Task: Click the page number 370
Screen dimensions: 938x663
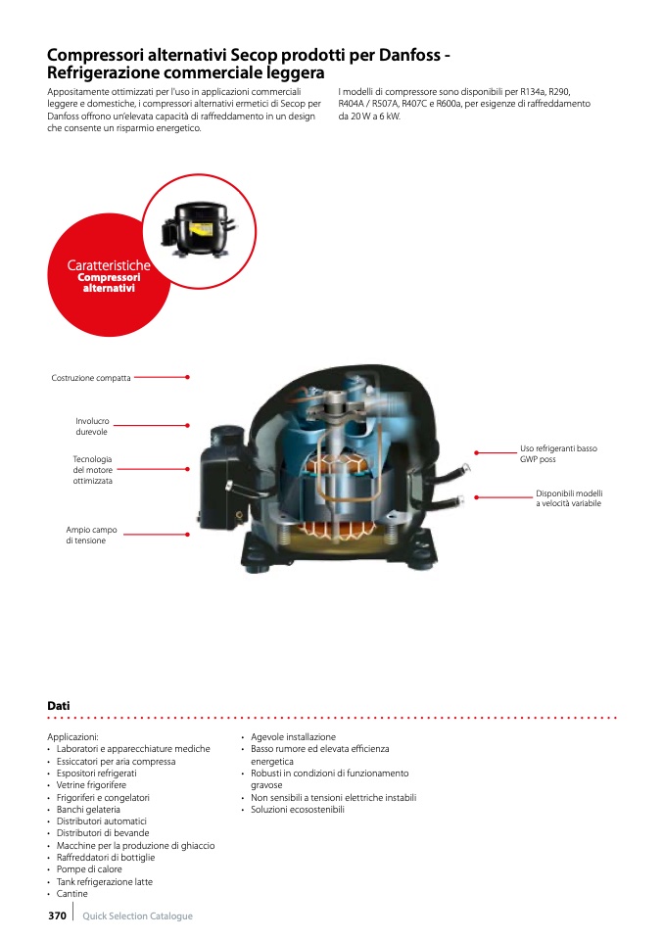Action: click(x=57, y=915)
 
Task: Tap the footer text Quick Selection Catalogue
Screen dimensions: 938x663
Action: click(x=137, y=916)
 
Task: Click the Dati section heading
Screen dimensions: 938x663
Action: click(x=59, y=705)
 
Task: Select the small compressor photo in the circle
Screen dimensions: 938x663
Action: click(x=199, y=223)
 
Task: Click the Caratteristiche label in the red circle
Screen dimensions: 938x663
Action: click(x=109, y=265)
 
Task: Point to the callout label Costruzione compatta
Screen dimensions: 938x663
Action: click(x=91, y=377)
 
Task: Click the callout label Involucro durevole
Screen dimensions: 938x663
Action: click(x=92, y=426)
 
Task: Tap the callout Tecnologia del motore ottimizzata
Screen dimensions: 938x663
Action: click(x=92, y=470)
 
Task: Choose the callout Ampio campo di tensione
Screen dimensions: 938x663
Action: click(x=91, y=535)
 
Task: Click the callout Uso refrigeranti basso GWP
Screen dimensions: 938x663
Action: click(x=558, y=453)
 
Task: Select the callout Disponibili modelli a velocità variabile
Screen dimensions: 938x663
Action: click(x=568, y=498)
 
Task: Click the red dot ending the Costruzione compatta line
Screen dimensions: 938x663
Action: click(x=187, y=376)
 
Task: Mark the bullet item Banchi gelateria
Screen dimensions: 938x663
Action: click(x=88, y=810)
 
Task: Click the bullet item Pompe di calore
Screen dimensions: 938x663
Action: click(x=89, y=869)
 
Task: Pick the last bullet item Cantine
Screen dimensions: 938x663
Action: click(x=71, y=894)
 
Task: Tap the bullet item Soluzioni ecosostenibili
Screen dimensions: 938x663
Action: click(x=298, y=810)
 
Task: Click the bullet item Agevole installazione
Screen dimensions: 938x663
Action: click(x=293, y=737)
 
